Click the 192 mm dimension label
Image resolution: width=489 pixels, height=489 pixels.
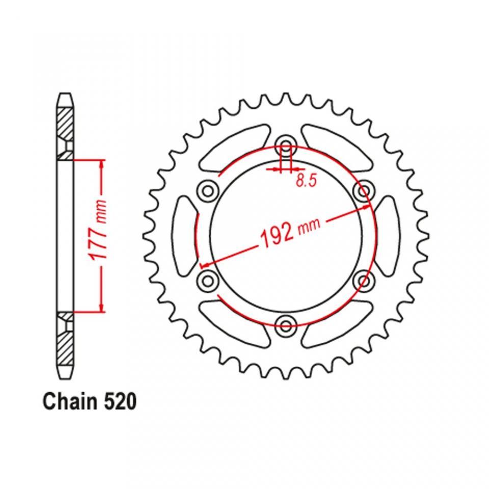coord(289,232)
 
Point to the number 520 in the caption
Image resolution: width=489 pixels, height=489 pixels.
coord(120,401)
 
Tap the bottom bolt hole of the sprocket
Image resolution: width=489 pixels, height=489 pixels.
coord(286,325)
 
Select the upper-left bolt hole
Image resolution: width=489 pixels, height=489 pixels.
coord(208,190)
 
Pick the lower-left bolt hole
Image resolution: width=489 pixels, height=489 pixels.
coord(208,280)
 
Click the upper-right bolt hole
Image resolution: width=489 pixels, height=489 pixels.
coord(364,190)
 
